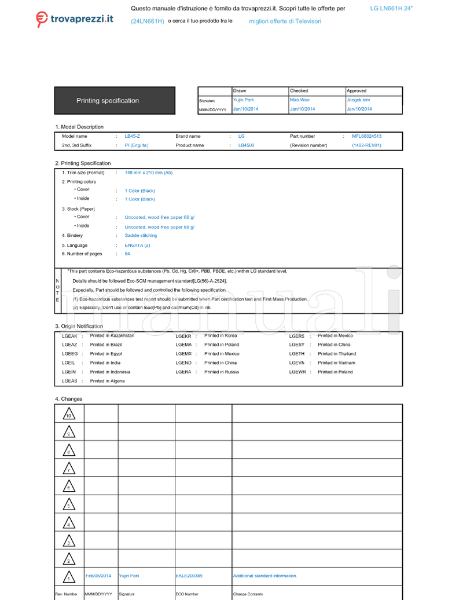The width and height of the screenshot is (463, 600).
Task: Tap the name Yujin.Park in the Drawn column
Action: pos(243,100)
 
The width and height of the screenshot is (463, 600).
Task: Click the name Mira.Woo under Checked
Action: pos(300,100)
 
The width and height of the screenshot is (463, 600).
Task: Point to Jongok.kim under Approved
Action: pos(358,100)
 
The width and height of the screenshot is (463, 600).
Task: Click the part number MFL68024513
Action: pos(366,137)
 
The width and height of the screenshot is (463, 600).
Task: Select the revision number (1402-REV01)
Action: pos(366,146)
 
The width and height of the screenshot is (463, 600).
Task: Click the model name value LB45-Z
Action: pos(133,137)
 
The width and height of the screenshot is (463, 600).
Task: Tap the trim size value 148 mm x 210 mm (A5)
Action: pos(149,173)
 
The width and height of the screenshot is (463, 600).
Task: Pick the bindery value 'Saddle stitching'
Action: pos(141,236)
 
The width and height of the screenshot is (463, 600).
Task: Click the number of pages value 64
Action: pos(127,254)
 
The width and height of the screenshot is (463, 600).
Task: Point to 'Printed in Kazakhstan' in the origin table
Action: pos(112,336)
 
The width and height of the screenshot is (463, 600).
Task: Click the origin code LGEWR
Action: pos(297,372)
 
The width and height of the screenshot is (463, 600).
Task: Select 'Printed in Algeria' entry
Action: pos(107,381)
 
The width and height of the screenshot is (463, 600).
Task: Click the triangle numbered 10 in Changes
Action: pos(68,414)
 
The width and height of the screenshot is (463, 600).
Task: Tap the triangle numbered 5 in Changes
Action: pos(68,505)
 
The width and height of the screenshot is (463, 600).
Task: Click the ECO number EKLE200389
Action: pos(189,576)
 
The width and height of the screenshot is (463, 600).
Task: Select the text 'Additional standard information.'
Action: pos(264,576)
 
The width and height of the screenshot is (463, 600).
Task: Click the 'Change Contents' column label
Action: pos(248,594)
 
